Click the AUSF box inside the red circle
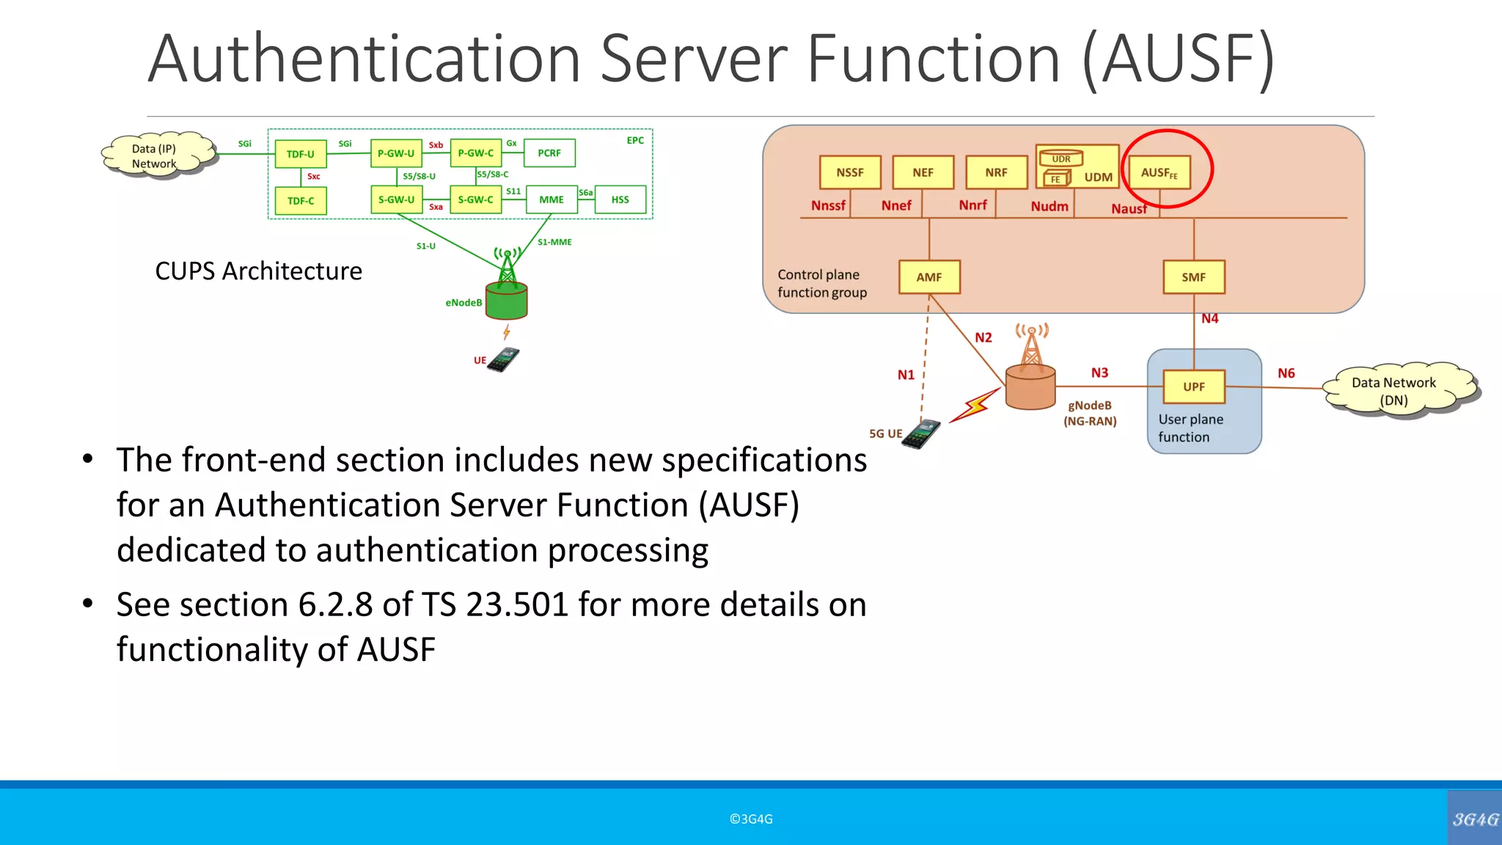[x=1160, y=172]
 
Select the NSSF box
[x=849, y=172]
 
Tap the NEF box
[x=923, y=172]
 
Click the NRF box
[x=996, y=172]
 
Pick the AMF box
[x=929, y=277]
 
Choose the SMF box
[x=1193, y=277]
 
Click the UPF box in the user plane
[x=1193, y=387]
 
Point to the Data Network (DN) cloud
[x=1393, y=391]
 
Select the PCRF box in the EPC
[x=549, y=153]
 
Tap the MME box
[x=552, y=200]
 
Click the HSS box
[x=620, y=200]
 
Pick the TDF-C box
[x=301, y=201]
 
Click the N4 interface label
[x=1209, y=318]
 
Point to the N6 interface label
[x=1286, y=373]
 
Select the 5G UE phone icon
[x=921, y=434]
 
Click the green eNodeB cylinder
[x=507, y=301]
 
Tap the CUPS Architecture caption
[x=258, y=271]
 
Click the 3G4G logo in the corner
[x=1475, y=819]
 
